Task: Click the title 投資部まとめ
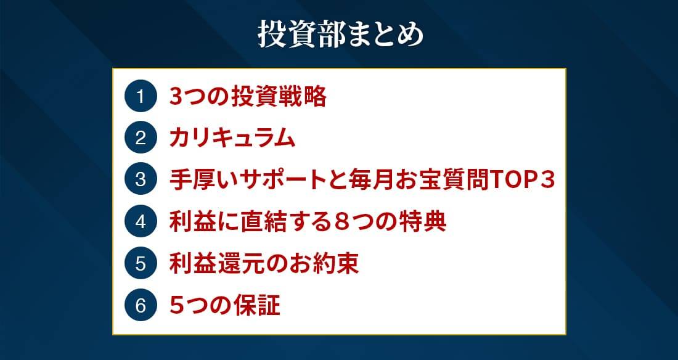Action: pos(341,34)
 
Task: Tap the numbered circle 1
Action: pos(140,97)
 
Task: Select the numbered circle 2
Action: pos(140,138)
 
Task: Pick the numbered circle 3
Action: pos(140,180)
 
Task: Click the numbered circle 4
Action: pos(140,221)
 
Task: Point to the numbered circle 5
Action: pos(140,263)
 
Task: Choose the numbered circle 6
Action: pos(140,305)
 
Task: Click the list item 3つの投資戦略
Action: pos(248,97)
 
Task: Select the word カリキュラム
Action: pos(232,139)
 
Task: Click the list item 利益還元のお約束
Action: pos(264,263)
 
